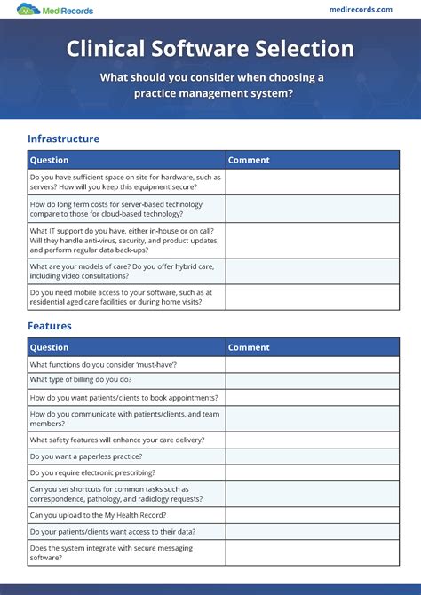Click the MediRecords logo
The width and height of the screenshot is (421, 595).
pos(54,10)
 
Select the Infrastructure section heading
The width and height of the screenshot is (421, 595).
pos(63,139)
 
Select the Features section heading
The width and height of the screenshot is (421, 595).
pos(50,326)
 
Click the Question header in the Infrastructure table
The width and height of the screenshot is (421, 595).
pos(50,161)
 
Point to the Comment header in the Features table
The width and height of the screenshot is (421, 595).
pos(249,347)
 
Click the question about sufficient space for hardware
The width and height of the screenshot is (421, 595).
pos(125,182)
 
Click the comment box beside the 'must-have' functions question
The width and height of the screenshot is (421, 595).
pos(312,365)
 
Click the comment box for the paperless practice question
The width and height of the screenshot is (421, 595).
pos(312,456)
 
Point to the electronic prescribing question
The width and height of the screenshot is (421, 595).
pos(92,472)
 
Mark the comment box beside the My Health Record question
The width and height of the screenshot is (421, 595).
pos(312,515)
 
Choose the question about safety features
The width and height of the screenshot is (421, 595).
pos(117,440)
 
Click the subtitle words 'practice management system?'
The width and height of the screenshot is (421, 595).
pos(210,93)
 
